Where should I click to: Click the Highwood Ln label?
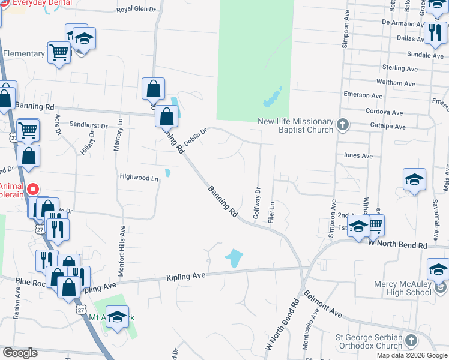(139, 178)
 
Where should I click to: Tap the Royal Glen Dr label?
(136, 10)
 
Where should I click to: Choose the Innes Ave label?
(358, 155)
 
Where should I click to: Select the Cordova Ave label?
(384, 112)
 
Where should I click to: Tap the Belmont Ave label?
(323, 305)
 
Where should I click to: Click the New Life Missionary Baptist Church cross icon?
(342, 125)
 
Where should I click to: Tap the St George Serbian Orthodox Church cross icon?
(411, 341)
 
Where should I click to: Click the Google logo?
(20, 353)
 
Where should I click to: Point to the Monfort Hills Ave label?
(122, 251)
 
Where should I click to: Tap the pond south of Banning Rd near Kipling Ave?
(234, 259)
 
